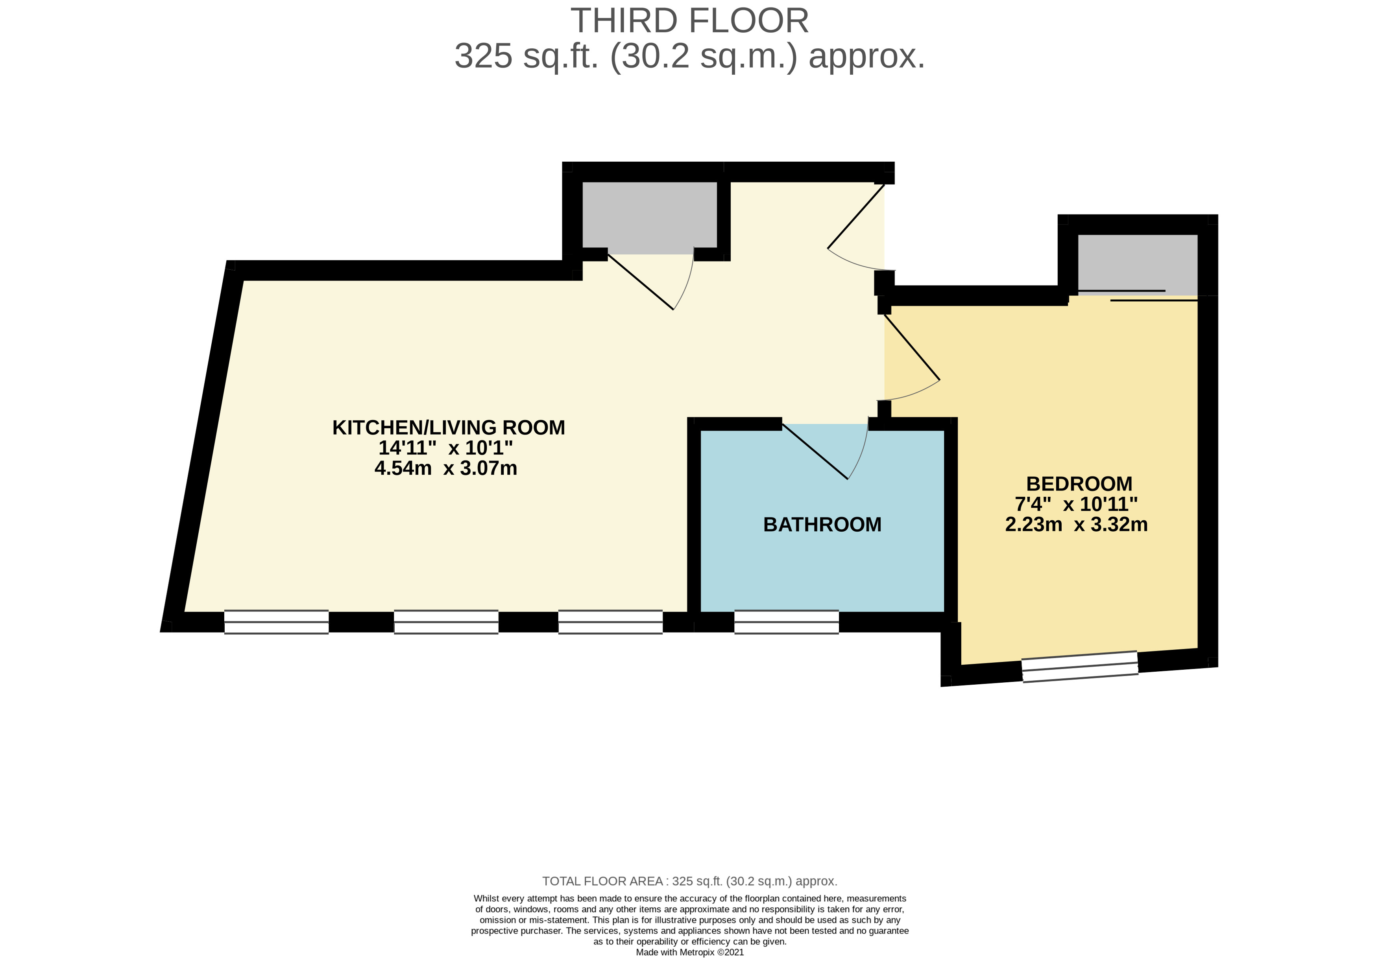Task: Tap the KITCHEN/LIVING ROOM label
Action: click(448, 427)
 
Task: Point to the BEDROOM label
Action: click(1079, 484)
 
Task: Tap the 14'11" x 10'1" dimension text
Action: click(445, 448)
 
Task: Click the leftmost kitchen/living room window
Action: click(276, 622)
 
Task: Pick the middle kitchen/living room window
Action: click(445, 622)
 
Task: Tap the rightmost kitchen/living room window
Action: click(610, 622)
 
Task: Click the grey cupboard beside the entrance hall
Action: click(649, 216)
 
